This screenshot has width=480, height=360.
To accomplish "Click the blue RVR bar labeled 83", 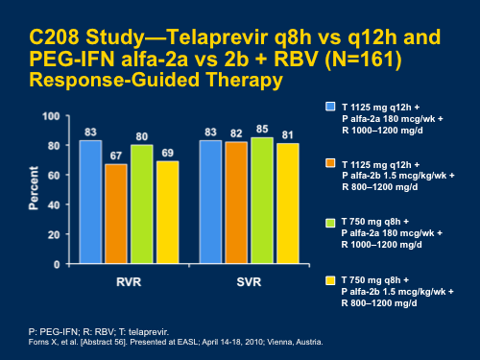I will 90,201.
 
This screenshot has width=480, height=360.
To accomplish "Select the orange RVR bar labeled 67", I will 116,212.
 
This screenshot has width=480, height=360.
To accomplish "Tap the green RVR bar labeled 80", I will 142,203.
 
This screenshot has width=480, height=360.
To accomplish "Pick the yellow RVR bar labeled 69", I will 167,211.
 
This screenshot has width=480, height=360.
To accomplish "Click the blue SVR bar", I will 210,201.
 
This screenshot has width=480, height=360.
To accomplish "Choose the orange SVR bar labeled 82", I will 235,202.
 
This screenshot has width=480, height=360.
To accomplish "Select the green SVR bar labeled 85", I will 261,200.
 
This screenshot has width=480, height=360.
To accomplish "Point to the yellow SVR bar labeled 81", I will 286,203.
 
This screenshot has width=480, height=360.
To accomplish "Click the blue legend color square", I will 330,105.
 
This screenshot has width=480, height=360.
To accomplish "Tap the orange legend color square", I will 330,163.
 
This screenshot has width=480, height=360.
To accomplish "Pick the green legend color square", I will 330,221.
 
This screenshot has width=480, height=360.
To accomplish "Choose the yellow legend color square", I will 330,279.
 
